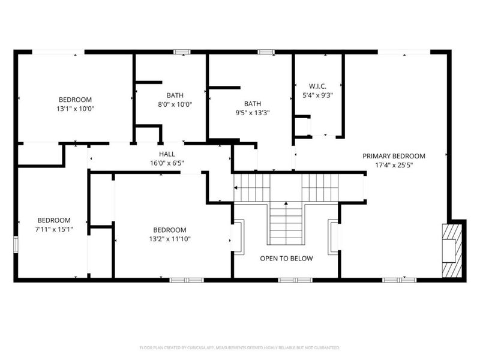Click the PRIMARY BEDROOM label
pyautogui.click(x=394, y=155)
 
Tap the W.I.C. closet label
pyautogui.click(x=317, y=85)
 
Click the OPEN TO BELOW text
pyautogui.click(x=286, y=259)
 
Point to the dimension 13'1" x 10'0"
pyautogui.click(x=75, y=109)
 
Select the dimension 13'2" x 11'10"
pyautogui.click(x=169, y=239)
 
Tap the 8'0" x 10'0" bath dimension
pyautogui.click(x=175, y=104)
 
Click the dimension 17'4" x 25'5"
pyautogui.click(x=394, y=164)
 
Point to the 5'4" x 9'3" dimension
pyautogui.click(x=317, y=94)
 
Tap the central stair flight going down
pyautogui.click(x=286, y=223)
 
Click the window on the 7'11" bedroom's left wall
pyautogui.click(x=16, y=244)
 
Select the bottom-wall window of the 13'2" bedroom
pyautogui.click(x=178, y=280)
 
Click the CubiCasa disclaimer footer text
pyautogui.click(x=240, y=347)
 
